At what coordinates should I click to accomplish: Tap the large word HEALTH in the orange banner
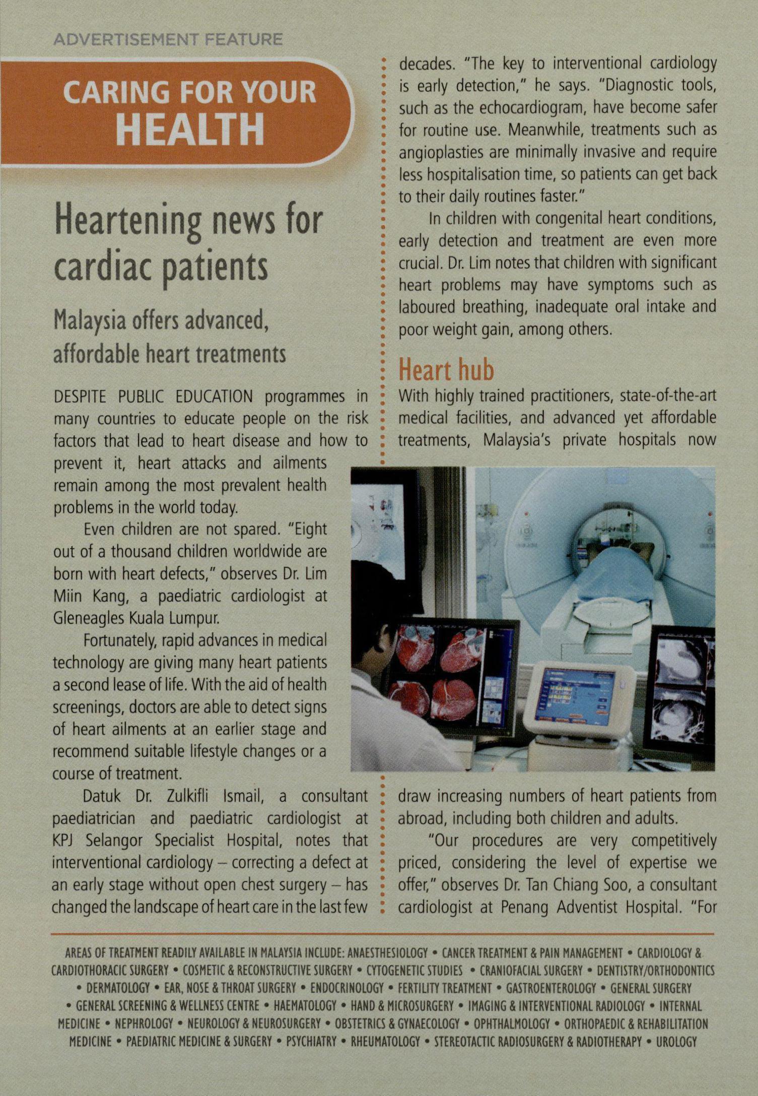pos(191,128)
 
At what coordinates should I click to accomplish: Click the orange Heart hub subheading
pos(446,370)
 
